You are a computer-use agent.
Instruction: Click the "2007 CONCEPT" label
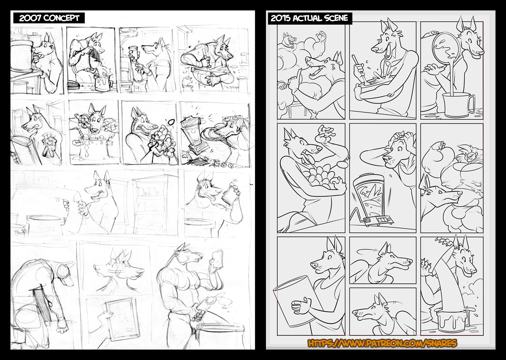(49, 18)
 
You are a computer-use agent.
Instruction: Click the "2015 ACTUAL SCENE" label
(309, 18)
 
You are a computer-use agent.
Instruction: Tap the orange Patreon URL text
(382, 343)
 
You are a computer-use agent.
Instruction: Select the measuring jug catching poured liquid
(457, 105)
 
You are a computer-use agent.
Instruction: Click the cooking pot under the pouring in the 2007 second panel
(103, 83)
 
